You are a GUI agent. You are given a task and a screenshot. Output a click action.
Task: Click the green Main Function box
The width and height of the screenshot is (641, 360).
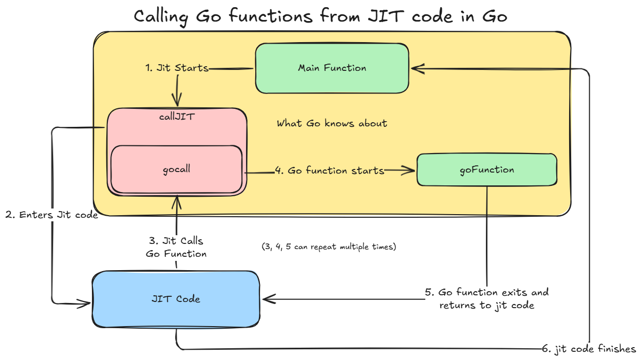tap(332, 68)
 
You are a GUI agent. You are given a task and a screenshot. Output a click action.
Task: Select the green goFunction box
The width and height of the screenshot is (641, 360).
tap(487, 169)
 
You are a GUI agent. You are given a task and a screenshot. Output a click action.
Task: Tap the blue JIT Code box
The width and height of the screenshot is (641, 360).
tap(176, 299)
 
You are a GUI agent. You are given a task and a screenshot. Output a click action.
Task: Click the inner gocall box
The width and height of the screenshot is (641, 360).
tap(176, 169)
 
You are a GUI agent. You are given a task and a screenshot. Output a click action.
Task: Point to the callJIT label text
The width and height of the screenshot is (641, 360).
tap(177, 117)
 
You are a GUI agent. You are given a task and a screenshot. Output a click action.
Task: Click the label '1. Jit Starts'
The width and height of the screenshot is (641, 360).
tap(176, 68)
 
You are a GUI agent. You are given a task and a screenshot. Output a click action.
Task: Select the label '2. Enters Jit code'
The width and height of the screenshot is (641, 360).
tap(51, 215)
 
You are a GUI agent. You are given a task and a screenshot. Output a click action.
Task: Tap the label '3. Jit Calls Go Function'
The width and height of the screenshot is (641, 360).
tap(176, 247)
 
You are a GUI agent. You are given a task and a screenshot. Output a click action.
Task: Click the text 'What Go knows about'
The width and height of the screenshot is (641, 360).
tap(332, 123)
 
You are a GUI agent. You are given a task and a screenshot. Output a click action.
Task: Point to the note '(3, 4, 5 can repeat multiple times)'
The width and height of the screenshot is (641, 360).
tap(329, 247)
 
